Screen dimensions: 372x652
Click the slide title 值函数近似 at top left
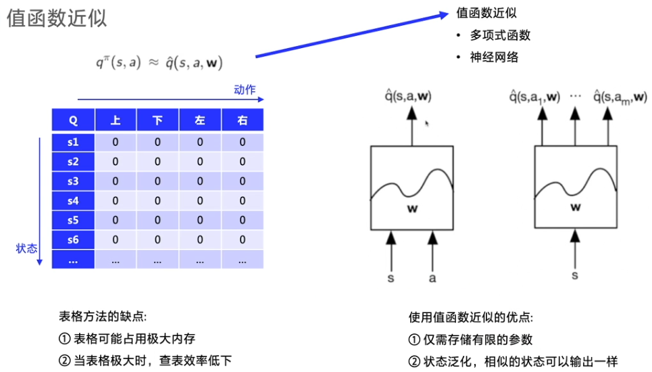coord(57,18)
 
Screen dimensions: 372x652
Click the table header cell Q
coord(73,120)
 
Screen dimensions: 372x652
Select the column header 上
coord(116,120)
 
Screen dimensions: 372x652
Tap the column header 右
coord(242,120)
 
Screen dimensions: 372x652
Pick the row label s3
coord(73,181)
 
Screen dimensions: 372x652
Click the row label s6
coord(73,239)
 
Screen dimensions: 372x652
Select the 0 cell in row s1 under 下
coord(157,142)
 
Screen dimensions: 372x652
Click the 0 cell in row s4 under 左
coord(200,201)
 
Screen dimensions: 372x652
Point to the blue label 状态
coord(26,248)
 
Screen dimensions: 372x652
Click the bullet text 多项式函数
coord(501,35)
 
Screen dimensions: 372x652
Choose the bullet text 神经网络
coord(495,57)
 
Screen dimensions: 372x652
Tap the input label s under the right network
coord(575,276)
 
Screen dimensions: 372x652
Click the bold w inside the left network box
coord(412,209)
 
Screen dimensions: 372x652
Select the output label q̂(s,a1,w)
coord(534,97)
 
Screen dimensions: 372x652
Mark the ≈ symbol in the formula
coord(153,63)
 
